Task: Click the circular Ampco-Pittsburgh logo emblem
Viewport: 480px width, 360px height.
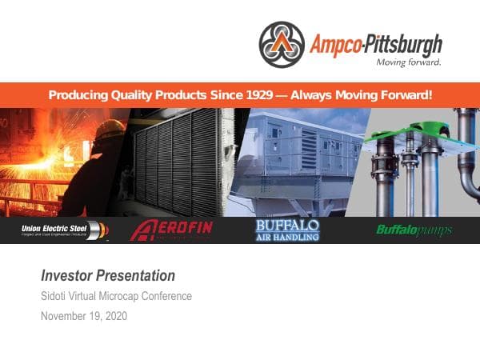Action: (x=282, y=44)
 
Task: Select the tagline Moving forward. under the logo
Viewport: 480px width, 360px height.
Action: (x=408, y=61)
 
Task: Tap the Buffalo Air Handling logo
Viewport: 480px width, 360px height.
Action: (x=287, y=230)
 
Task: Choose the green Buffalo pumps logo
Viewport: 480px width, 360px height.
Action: (x=414, y=230)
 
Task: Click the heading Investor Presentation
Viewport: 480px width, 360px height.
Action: (x=108, y=276)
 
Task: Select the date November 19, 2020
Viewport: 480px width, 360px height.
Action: (x=84, y=316)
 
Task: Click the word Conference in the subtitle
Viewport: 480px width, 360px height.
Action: (x=168, y=297)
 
